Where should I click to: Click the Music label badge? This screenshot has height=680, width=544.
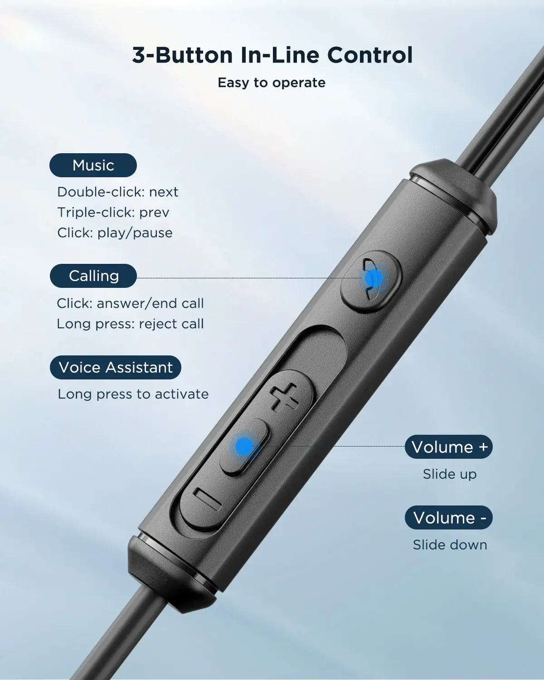coord(93,165)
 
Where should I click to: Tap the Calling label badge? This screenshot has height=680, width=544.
coord(93,276)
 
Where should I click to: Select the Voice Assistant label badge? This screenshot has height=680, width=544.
coord(116,367)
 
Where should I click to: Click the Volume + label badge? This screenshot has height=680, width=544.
coord(449,447)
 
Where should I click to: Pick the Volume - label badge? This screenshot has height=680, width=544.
coord(449,518)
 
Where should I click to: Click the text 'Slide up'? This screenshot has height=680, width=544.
coord(450,474)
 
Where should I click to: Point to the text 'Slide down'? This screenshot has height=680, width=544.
coord(450,545)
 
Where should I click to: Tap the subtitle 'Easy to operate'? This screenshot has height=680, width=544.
coord(272,83)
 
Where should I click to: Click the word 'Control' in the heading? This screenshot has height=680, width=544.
coord(369,55)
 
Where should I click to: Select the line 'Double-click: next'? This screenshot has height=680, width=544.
coord(118,192)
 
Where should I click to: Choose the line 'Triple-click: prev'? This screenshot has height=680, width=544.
coord(113,213)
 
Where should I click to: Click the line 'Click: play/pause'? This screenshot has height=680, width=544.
coord(115,233)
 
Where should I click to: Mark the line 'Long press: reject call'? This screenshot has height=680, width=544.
coord(131,324)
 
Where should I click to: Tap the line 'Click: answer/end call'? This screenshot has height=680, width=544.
coord(131,303)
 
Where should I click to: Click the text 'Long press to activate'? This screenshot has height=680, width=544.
coord(133,394)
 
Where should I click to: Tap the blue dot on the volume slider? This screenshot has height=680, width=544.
coord(244,446)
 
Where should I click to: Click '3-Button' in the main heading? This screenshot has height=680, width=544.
coord(182,55)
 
